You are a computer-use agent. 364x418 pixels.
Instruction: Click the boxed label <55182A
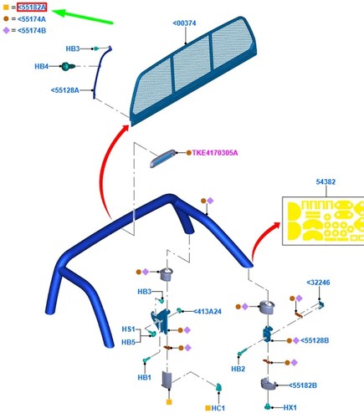pyautogui.click(x=32, y=8)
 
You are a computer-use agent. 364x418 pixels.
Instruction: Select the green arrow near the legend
pyautogui.click(x=83, y=17)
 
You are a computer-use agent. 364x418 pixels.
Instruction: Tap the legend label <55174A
pyautogui.click(x=32, y=19)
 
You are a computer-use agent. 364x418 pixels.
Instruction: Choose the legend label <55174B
pyautogui.click(x=32, y=31)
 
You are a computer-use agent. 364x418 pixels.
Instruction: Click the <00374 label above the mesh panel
pyautogui.click(x=184, y=23)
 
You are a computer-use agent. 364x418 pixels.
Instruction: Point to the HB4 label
pyautogui.click(x=41, y=66)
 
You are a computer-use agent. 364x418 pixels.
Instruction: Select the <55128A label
pyautogui.click(x=64, y=90)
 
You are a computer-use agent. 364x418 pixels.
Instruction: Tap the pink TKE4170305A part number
pyautogui.click(x=215, y=153)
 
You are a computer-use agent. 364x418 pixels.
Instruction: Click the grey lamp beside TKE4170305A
pyautogui.click(x=163, y=158)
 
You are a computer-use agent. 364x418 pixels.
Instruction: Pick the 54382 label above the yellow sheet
pyautogui.click(x=326, y=181)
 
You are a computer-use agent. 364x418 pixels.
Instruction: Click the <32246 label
pyautogui.click(x=318, y=283)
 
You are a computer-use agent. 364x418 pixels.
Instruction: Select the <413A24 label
pyautogui.click(x=208, y=312)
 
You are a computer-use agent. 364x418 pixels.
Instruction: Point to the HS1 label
pyautogui.click(x=128, y=329)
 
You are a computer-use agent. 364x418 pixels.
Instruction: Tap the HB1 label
pyautogui.click(x=145, y=377)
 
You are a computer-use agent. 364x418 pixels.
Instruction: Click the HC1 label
pyautogui.click(x=218, y=408)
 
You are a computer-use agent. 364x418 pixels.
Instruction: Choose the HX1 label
pyautogui.click(x=290, y=408)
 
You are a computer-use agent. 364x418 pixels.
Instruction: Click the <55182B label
pyautogui.click(x=303, y=385)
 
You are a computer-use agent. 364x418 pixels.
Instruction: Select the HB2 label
pyautogui.click(x=238, y=369)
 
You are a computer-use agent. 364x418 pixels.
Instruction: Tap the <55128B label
pyautogui.click(x=315, y=340)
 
